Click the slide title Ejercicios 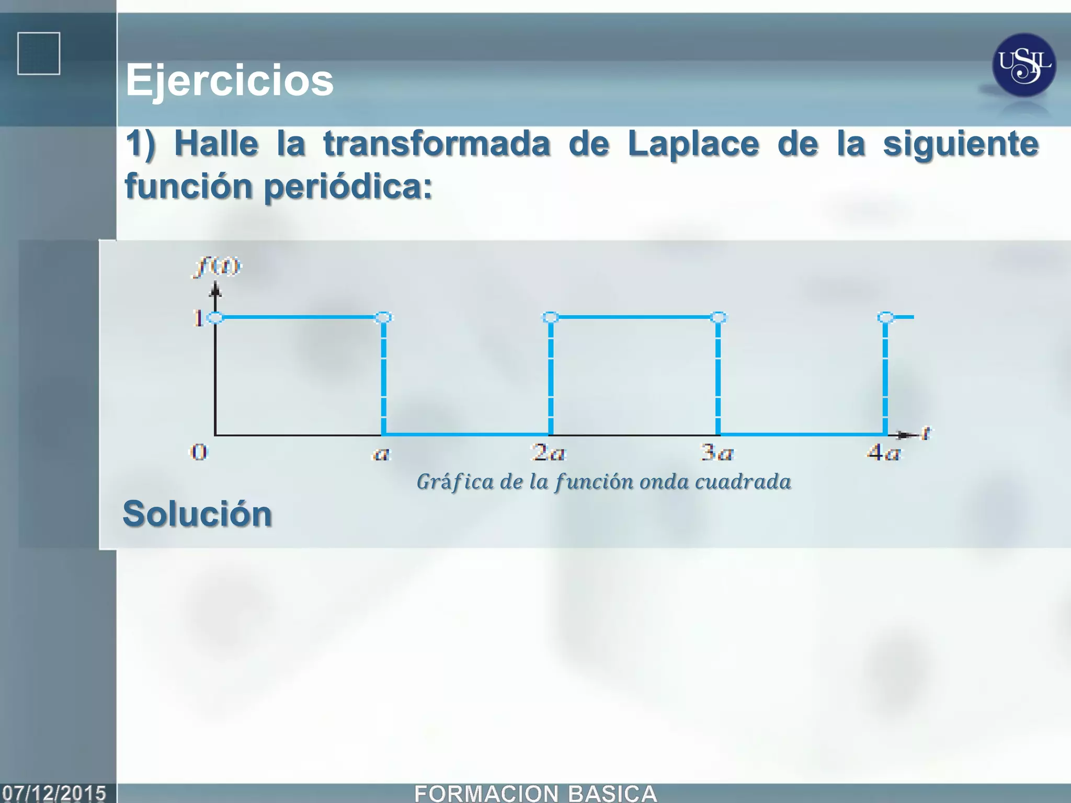pyautogui.click(x=229, y=81)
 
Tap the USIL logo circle pyautogui.click(x=1023, y=65)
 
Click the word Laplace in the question pyautogui.click(x=693, y=144)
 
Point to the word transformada pyautogui.click(x=437, y=144)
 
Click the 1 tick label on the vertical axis pyautogui.click(x=198, y=318)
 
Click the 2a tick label pyautogui.click(x=549, y=452)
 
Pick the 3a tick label pyautogui.click(x=717, y=452)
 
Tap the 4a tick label pyautogui.click(x=883, y=452)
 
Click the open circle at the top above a pyautogui.click(x=383, y=317)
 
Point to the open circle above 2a pyautogui.click(x=551, y=317)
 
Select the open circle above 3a pyautogui.click(x=719, y=317)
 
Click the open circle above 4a pyautogui.click(x=885, y=317)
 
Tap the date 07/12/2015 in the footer pyautogui.click(x=54, y=793)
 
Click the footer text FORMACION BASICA pyautogui.click(x=535, y=794)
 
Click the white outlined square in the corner pyautogui.click(x=39, y=54)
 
